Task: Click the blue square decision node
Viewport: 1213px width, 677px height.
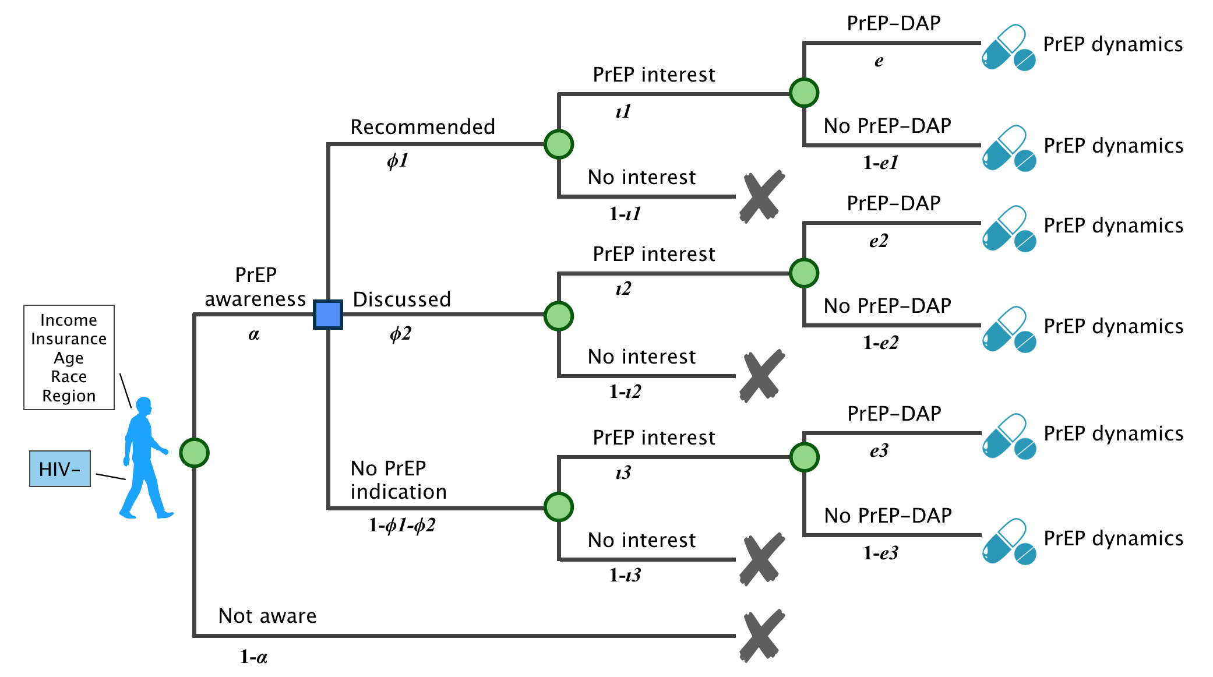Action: [327, 315]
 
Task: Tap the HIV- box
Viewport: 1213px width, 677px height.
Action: [60, 468]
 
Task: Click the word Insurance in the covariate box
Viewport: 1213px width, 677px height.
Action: [69, 338]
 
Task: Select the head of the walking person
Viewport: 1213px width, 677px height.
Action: [143, 406]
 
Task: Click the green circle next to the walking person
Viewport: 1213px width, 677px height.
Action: [194, 453]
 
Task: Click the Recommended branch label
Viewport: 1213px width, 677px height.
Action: [422, 126]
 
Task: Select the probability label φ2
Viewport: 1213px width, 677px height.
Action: [401, 333]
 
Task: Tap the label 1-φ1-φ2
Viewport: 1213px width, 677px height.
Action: [402, 525]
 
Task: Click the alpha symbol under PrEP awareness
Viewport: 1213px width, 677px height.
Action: [253, 334]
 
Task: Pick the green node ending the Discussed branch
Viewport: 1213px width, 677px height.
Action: [558, 316]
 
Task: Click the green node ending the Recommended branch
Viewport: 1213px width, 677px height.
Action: [558, 144]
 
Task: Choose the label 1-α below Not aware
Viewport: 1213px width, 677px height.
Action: [253, 657]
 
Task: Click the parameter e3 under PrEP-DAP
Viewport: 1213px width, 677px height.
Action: [879, 450]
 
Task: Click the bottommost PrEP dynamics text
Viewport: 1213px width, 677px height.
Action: [1113, 538]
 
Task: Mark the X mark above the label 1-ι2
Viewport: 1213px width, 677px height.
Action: [761, 376]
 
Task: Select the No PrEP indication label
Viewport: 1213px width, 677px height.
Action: [399, 479]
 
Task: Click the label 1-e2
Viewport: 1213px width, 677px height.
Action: [880, 343]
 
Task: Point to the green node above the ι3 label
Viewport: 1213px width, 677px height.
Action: [804, 457]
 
